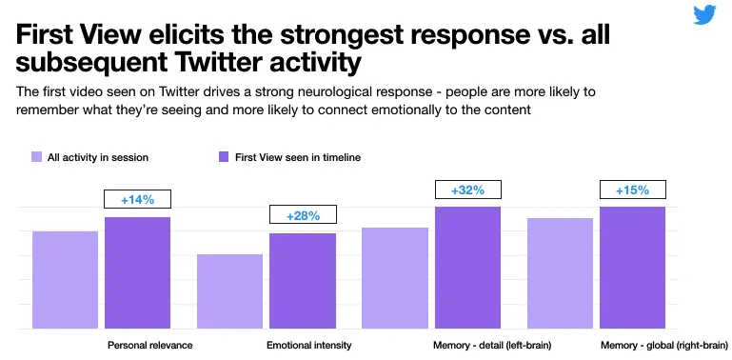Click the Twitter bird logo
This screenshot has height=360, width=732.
coord(704,16)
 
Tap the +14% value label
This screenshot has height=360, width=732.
coord(137,200)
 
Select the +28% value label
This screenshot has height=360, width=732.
coord(302,216)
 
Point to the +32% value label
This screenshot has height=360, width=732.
coord(467,190)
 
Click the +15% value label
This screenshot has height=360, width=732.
coord(632,190)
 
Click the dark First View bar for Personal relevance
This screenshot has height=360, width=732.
coord(137,272)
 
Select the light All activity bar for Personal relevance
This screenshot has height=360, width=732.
coord(65,279)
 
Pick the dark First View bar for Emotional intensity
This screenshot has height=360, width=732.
coord(302,281)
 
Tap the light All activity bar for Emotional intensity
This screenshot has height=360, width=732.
coord(229,291)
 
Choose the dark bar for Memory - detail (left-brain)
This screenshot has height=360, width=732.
coord(467,268)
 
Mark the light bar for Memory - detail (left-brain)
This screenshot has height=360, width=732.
coord(395,278)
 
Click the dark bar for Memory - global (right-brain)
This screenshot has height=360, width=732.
coord(632,268)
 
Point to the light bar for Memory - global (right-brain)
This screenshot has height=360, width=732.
coord(560,273)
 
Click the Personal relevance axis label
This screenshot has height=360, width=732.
coord(149,345)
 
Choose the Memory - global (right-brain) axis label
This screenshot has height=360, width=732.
coord(664,345)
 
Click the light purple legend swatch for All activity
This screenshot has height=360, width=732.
coord(36,157)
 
